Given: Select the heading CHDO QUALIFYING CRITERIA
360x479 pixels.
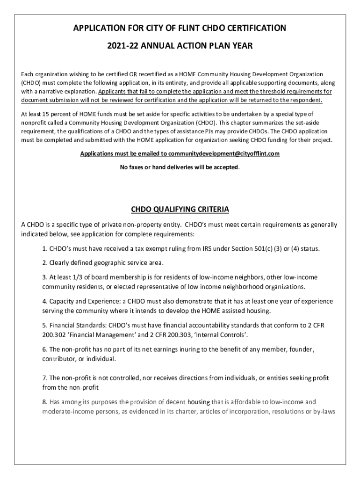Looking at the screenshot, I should tap(180, 209).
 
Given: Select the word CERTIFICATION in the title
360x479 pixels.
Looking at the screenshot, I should tap(253, 29).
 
